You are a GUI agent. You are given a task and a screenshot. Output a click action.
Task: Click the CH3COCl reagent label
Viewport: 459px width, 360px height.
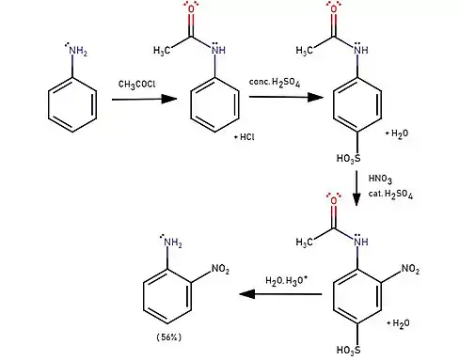(136, 85)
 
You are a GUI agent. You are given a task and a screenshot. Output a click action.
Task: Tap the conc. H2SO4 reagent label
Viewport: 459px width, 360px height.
(275, 83)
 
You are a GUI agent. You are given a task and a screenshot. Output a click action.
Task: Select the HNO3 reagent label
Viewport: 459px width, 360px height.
(380, 180)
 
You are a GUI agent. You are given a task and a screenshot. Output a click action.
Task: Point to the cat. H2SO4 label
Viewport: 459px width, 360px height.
(390, 195)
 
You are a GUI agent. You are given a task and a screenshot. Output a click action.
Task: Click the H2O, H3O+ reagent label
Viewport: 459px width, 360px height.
(286, 280)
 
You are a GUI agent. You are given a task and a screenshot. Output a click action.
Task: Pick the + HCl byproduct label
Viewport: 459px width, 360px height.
(245, 137)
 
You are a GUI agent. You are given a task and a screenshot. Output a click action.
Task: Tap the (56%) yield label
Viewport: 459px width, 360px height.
(169, 337)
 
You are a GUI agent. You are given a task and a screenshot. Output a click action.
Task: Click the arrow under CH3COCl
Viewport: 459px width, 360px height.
(145, 100)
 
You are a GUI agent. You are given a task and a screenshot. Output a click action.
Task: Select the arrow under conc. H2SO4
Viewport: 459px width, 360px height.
(286, 97)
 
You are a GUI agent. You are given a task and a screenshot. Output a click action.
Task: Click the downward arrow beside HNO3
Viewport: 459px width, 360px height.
(356, 188)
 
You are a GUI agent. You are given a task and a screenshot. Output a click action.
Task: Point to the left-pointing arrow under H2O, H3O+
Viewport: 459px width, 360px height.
(280, 294)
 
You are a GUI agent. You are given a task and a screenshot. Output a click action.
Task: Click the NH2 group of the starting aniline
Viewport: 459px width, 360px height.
(76, 50)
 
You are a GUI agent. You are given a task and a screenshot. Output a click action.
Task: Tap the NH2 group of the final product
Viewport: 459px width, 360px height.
(171, 242)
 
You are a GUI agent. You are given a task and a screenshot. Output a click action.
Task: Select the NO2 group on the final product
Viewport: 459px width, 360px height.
(221, 269)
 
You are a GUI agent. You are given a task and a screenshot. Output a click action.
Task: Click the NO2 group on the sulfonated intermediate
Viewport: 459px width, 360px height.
(410, 269)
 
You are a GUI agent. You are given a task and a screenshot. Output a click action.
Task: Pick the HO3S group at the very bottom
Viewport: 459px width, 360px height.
(348, 350)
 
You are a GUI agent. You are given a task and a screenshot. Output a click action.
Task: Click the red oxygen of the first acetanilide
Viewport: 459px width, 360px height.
(191, 8)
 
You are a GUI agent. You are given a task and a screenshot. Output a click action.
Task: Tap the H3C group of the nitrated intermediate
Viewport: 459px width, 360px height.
(304, 243)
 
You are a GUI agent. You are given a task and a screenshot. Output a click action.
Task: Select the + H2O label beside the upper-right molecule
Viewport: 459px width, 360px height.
(397, 133)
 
